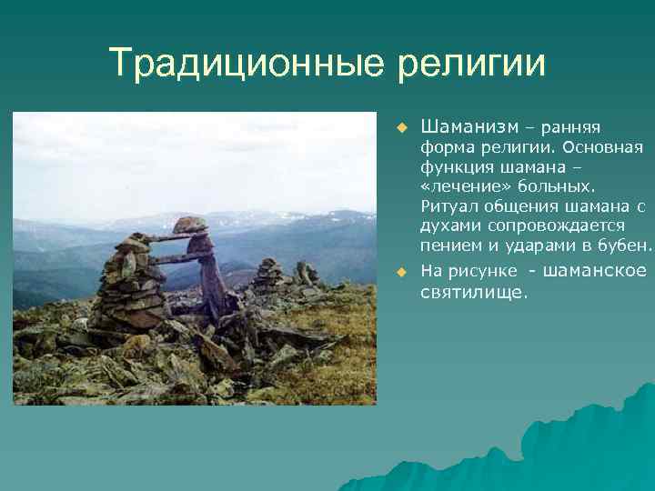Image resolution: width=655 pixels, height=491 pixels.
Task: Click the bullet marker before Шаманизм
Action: [x=398, y=126]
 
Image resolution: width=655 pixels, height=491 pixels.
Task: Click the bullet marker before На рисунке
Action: [x=398, y=272]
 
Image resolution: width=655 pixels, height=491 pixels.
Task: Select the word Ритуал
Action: [x=446, y=206]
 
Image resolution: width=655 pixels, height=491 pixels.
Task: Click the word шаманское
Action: [x=596, y=271]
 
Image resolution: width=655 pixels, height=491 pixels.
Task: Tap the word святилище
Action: [x=473, y=292]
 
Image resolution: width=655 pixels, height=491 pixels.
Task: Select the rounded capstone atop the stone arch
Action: [x=190, y=225]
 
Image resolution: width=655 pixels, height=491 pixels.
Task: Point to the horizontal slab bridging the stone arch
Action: [x=175, y=238]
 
